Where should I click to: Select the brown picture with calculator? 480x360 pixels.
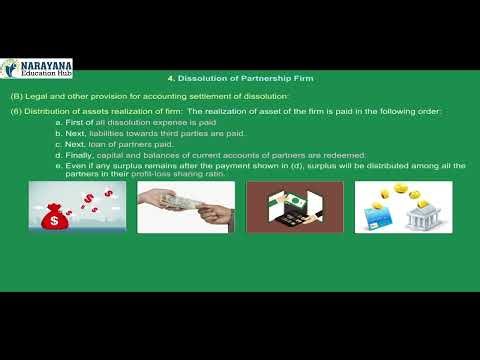coord(280,207)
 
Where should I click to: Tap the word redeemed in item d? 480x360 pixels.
coord(346,155)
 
